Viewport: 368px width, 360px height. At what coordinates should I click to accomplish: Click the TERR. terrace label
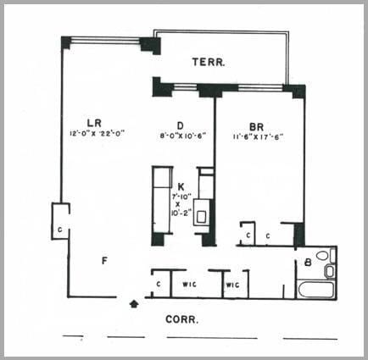coord(207,62)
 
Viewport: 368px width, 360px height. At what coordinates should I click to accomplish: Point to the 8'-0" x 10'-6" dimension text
coord(183,133)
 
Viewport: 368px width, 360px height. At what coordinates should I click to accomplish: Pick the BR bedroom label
coord(257,122)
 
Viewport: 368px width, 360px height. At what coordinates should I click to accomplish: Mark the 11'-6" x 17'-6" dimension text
coord(259,133)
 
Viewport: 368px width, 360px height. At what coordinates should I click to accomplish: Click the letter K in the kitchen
coord(181,186)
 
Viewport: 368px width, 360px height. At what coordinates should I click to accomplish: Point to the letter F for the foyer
coord(104,260)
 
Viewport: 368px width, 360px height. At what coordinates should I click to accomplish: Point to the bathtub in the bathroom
coord(316,289)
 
